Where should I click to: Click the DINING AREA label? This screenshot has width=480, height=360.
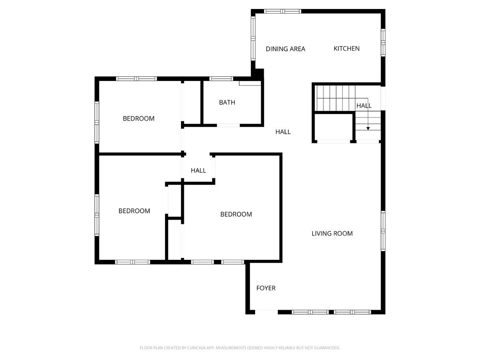click(x=285, y=49)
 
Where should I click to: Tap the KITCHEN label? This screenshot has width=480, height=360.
click(x=346, y=49)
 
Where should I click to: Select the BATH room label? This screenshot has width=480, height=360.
click(x=227, y=102)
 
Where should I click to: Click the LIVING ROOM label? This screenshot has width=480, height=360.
click(x=332, y=233)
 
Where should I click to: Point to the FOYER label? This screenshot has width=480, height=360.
click(x=266, y=288)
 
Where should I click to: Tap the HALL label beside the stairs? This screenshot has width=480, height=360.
click(x=364, y=105)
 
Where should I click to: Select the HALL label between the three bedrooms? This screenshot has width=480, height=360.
click(x=198, y=171)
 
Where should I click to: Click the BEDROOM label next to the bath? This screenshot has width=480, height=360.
click(x=139, y=119)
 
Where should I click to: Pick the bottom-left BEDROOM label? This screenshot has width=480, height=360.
click(x=134, y=211)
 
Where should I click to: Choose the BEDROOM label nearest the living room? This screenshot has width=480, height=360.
click(x=236, y=214)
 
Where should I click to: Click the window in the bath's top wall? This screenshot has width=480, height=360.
click(x=221, y=78)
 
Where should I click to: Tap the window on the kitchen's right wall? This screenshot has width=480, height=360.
click(x=383, y=43)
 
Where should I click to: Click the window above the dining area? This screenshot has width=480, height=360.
click(x=282, y=11)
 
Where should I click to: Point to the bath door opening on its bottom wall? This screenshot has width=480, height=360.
click(x=228, y=125)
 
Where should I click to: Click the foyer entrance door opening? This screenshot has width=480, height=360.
click(x=266, y=312)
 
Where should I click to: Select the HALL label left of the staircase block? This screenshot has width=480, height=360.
click(x=283, y=132)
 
